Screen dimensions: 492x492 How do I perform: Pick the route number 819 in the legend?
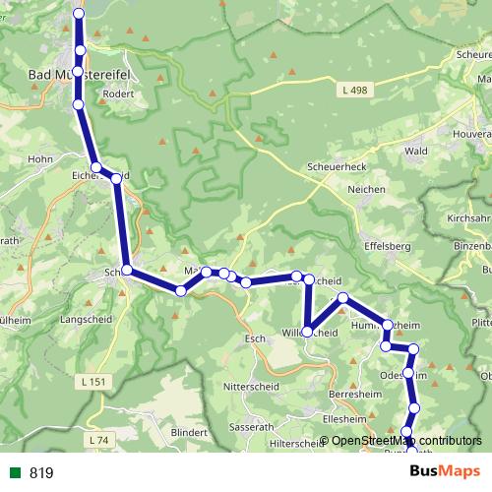point(41,473)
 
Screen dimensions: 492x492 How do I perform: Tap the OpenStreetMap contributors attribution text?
point(406,441)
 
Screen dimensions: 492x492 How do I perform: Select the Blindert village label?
point(190,433)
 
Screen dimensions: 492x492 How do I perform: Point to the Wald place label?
point(416,151)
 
